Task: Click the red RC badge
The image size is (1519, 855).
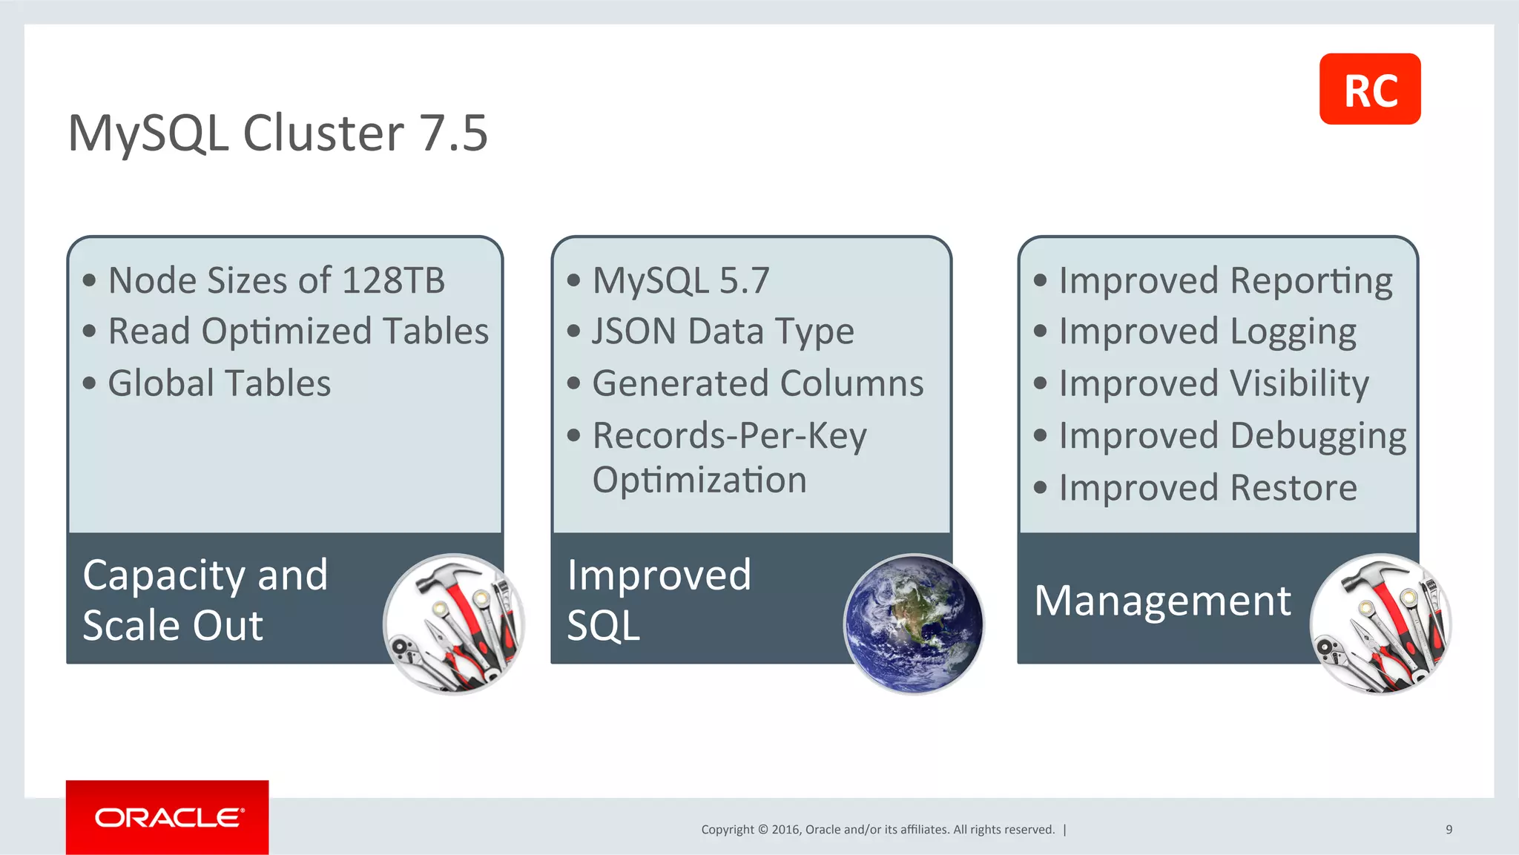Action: coord(1369,89)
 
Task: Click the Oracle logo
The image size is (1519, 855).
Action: coord(168,817)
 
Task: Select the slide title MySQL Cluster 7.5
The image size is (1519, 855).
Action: coord(277,133)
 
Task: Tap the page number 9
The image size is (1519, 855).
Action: coord(1449,829)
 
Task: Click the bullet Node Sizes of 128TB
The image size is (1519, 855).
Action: coord(276,280)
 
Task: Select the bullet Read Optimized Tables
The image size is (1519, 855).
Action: coord(298,331)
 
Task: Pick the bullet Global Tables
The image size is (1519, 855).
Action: coord(220,383)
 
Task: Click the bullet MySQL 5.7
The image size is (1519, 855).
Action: coord(681,280)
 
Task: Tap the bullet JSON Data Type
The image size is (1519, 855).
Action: coord(722,331)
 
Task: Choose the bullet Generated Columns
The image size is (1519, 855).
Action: coord(757,383)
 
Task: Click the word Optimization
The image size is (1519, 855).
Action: coord(699,480)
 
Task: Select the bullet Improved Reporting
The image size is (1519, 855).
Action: coord(1225,280)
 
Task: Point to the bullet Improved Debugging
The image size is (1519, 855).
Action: coord(1232,436)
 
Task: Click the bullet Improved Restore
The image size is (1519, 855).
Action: coord(1207,488)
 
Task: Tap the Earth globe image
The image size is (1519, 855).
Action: coord(913,624)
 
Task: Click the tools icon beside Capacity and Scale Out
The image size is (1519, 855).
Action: coord(453,624)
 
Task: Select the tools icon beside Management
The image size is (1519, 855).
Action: coord(1380,624)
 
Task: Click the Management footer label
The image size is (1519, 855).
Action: coord(1162,600)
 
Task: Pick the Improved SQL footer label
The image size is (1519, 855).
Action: coord(659,599)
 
